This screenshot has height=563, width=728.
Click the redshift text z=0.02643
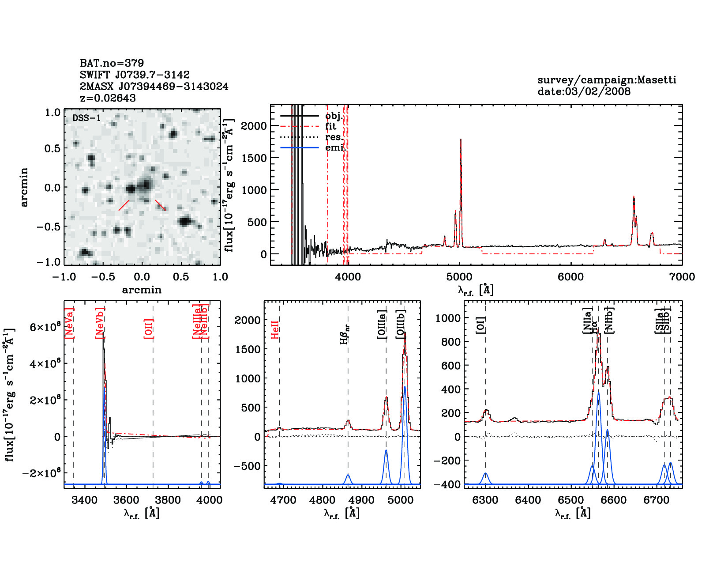pyautogui.click(x=108, y=98)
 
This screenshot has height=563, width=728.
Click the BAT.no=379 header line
pyautogui.click(x=112, y=63)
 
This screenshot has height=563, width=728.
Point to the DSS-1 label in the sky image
pyautogui.click(x=86, y=118)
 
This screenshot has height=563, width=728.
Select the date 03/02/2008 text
pyautogui.click(x=584, y=91)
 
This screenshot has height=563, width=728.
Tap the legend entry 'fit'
pyautogui.click(x=330, y=126)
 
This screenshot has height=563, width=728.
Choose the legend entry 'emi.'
pyautogui.click(x=335, y=147)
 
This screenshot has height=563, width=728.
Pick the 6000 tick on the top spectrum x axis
pyautogui.click(x=570, y=277)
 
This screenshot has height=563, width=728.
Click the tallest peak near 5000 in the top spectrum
pyautogui.click(x=461, y=140)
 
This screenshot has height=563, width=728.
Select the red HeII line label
pyautogui.click(x=275, y=330)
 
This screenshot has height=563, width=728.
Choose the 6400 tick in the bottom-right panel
pyautogui.click(x=528, y=500)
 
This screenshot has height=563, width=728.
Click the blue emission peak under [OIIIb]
pyautogui.click(x=405, y=387)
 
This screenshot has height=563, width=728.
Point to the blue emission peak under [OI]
pyautogui.click(x=485, y=474)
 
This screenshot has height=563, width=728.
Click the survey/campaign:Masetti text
pyautogui.click(x=607, y=80)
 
